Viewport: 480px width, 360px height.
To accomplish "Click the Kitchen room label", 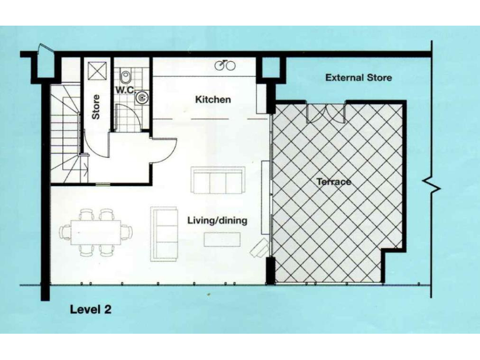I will click(x=212, y=99).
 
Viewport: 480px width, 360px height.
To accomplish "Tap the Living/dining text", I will click(x=217, y=220).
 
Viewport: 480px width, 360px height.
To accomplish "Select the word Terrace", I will click(x=333, y=182).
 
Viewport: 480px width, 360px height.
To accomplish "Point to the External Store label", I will click(x=358, y=77).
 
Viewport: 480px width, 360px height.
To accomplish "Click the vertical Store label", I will click(x=96, y=107).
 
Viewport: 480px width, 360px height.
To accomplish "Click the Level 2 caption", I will click(x=90, y=309).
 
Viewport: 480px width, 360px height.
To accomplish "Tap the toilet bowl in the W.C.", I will click(x=126, y=76).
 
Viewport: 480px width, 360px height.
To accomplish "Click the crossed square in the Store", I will click(x=97, y=71).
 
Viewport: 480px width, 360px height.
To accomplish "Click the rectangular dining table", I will click(x=96, y=231).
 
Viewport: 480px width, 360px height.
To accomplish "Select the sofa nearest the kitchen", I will click(x=218, y=181).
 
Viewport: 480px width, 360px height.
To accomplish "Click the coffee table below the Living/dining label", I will click(x=222, y=239).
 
